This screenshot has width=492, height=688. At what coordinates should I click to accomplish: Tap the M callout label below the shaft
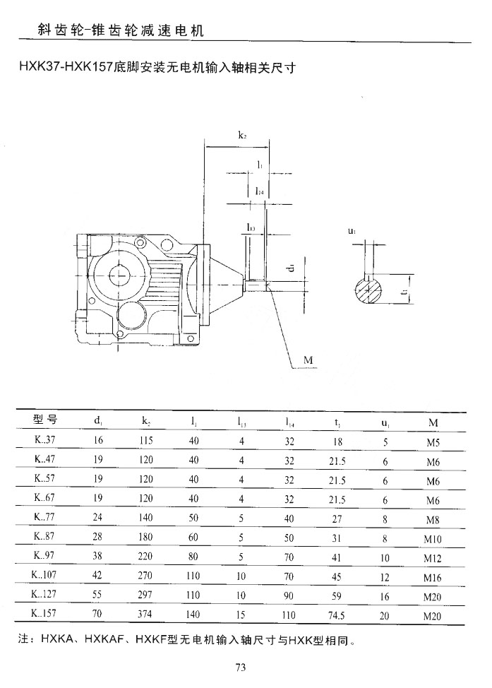[x=308, y=360]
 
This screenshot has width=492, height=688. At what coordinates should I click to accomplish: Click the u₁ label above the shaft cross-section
[x=352, y=231]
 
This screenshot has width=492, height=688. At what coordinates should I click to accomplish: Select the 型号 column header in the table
[x=45, y=421]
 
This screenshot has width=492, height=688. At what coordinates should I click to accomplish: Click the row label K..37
[x=45, y=441]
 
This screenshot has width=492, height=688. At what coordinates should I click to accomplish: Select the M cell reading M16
[x=432, y=578]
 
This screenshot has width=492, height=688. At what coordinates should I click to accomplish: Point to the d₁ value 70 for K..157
[x=97, y=615]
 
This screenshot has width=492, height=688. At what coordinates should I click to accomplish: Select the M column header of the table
[x=431, y=422]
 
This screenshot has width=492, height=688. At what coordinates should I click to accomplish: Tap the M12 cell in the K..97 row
[x=432, y=558]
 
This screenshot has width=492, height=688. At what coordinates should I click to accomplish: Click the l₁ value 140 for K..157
[x=193, y=615]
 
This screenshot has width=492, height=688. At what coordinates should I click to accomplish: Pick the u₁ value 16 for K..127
[x=385, y=595]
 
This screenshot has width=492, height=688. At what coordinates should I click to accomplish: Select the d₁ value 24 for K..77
[x=97, y=518]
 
